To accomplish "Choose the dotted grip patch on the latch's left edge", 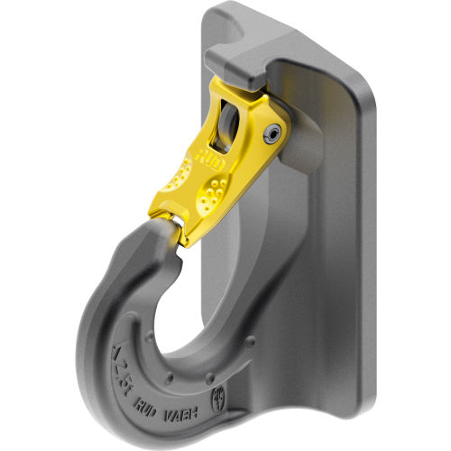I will [x=189, y=193].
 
